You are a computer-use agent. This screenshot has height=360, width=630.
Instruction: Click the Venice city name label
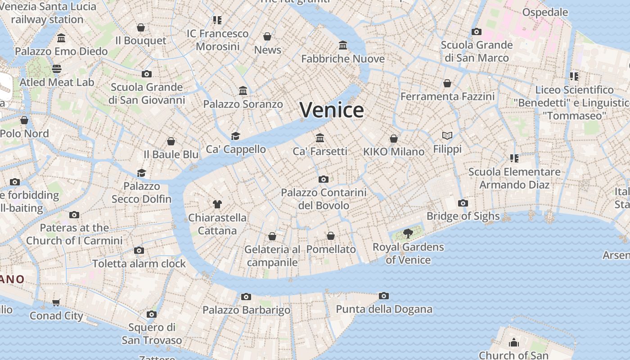tap(332, 110)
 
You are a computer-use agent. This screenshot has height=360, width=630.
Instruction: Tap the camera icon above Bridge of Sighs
tap(463, 203)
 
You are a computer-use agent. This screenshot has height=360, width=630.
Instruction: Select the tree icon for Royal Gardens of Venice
tap(408, 234)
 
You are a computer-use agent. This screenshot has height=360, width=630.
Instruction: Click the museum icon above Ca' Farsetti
tap(320, 138)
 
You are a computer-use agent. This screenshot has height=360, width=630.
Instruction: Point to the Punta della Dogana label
tap(384, 309)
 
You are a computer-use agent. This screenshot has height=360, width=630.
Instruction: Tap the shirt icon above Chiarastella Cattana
tap(217, 204)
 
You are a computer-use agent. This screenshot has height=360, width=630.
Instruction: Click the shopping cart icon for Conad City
tap(56, 302)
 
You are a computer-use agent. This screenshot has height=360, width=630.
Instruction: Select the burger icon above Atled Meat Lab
tap(57, 69)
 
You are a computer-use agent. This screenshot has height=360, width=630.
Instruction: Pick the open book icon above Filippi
tap(447, 135)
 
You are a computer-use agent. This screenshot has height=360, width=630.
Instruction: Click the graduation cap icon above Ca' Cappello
tap(235, 136)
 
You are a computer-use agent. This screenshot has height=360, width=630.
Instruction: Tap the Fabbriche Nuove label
tap(343, 58)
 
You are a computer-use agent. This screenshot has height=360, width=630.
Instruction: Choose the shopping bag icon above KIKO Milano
tap(394, 138)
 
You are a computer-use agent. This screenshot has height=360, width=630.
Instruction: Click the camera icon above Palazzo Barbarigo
tap(246, 297)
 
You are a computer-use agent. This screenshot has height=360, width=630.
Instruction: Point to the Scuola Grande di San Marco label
tap(477, 51)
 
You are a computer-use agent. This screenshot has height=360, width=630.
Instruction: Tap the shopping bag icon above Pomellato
tap(331, 236)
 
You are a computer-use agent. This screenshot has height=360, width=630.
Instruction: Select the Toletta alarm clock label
tap(139, 263)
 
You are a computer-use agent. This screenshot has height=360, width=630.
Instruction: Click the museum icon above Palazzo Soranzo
tap(243, 91)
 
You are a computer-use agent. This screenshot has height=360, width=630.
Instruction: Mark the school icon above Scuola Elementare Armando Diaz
tap(514, 158)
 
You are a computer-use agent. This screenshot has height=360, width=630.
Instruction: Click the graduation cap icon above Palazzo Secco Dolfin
tap(142, 173)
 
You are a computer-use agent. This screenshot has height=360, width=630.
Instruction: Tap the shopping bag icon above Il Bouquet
tap(141, 27)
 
